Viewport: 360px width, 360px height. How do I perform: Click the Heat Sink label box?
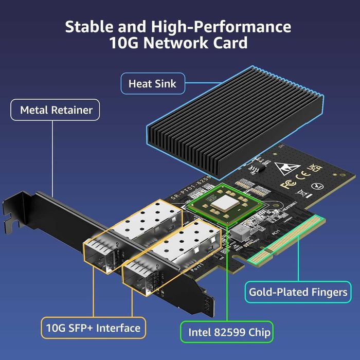click(x=152, y=83)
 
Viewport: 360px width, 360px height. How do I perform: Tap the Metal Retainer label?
click(x=56, y=110)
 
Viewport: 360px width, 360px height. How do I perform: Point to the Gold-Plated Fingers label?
click(x=298, y=292)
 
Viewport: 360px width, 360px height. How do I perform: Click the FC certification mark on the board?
click(x=287, y=184)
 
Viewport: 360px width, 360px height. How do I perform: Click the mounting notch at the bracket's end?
click(x=8, y=223)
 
